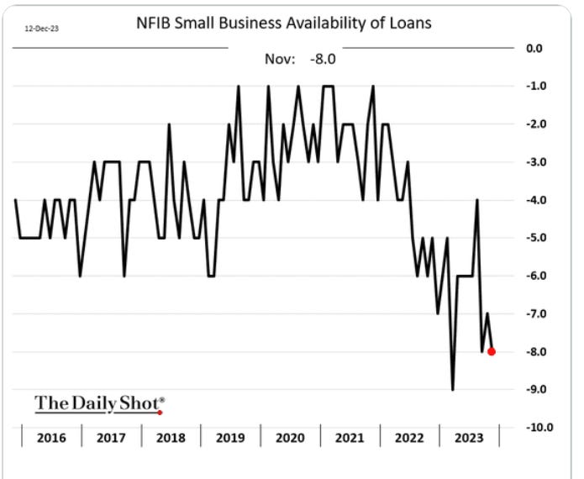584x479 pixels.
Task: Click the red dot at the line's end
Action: pos(492,351)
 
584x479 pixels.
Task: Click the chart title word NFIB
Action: pos(153,24)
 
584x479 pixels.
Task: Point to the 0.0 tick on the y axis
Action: pos(534,48)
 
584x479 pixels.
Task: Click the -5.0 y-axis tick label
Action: pos(536,238)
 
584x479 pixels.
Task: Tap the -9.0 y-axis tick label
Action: pos(536,389)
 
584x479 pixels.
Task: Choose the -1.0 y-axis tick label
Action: pos(536,87)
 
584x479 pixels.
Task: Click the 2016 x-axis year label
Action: pos(51,437)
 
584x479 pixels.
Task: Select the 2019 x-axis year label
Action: pos(230,437)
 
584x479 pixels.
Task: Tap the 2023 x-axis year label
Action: pos(469,437)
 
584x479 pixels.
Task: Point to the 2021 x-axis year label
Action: pos(350,437)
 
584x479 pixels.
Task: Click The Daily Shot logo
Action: pos(99,403)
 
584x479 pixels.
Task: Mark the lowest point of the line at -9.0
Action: pos(453,388)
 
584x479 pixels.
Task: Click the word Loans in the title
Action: pos(409,24)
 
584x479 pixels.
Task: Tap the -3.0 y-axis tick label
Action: pos(536,162)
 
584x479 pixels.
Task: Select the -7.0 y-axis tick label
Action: pos(536,313)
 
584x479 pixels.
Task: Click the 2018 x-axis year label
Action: pos(171,437)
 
